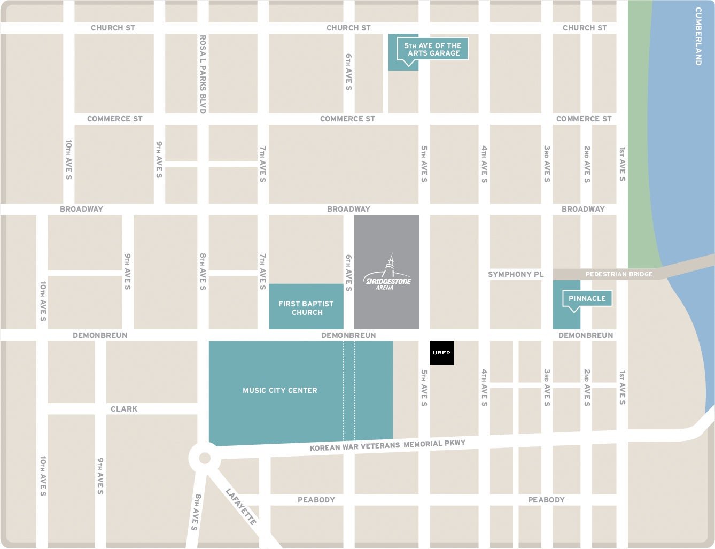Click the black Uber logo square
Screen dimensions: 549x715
pyautogui.click(x=442, y=353)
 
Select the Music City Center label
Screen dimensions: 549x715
pyautogui.click(x=279, y=391)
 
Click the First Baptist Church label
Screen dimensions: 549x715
pyautogui.click(x=306, y=308)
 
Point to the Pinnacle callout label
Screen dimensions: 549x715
pyautogui.click(x=587, y=298)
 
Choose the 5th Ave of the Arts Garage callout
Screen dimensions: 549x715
pyautogui.click(x=433, y=49)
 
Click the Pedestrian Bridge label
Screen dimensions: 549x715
pyautogui.click(x=619, y=274)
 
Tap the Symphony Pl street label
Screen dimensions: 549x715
pyautogui.click(x=516, y=274)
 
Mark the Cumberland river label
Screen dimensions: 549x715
pyautogui.click(x=698, y=36)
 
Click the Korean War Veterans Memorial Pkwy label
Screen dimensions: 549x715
pyautogui.click(x=387, y=445)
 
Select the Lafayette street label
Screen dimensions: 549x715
pyautogui.click(x=241, y=507)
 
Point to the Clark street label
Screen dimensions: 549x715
pyautogui.click(x=124, y=409)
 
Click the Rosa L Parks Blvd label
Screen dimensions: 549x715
pyautogui.click(x=203, y=74)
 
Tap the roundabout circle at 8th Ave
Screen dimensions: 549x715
pyautogui.click(x=204, y=458)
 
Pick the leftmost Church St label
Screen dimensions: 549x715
pyautogui.click(x=113, y=28)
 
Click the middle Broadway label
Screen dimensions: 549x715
pyautogui.click(x=348, y=209)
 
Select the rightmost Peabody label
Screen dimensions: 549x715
pyautogui.click(x=546, y=500)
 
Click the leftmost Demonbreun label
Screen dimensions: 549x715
pyautogui.click(x=100, y=335)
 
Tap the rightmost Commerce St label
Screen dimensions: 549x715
pyautogui.click(x=584, y=119)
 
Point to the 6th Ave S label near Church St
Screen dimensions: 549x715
pyautogui.click(x=348, y=72)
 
